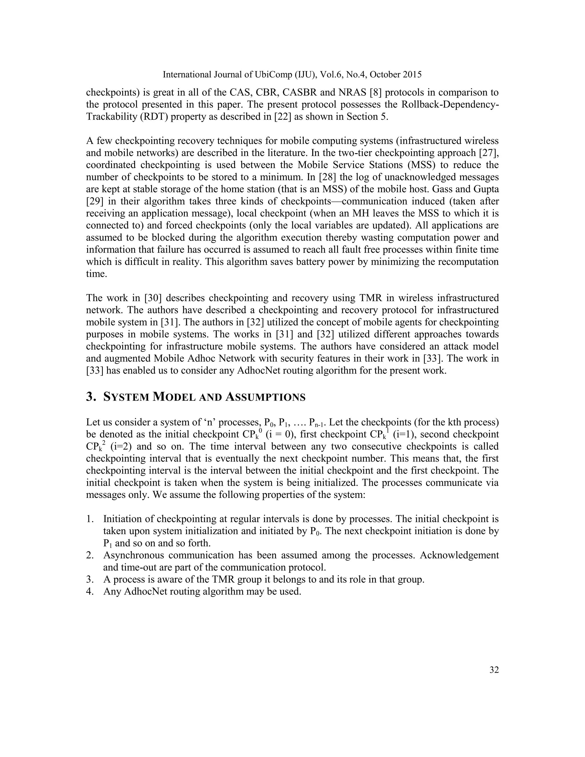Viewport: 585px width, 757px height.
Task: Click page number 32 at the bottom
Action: pos(494,670)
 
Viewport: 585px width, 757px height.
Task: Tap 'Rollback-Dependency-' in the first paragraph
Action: pos(450,104)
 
